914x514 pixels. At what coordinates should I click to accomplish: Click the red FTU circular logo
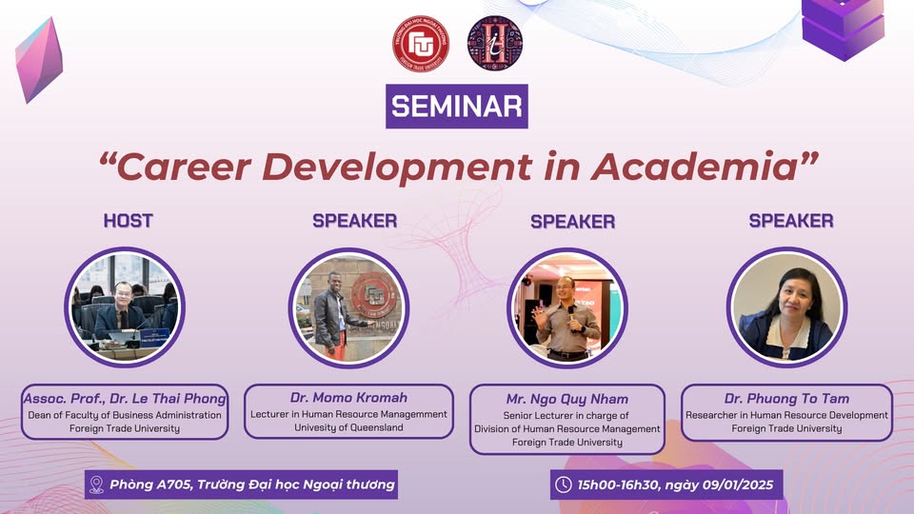(x=420, y=44)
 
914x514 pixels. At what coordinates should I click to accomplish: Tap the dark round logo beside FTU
(x=495, y=44)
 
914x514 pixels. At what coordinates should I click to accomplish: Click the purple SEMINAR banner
(x=457, y=106)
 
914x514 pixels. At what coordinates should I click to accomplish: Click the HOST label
(x=129, y=221)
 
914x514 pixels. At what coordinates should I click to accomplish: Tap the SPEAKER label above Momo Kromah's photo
(x=355, y=221)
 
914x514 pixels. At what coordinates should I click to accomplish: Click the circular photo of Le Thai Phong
(x=125, y=307)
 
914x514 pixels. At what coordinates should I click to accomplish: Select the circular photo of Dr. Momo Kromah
(x=348, y=307)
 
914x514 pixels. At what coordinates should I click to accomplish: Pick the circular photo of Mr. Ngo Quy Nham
(x=567, y=307)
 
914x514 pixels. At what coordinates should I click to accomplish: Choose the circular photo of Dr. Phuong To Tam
(x=787, y=307)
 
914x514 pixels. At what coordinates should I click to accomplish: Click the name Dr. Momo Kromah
(x=348, y=398)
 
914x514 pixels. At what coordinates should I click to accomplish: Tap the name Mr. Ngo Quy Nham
(x=567, y=399)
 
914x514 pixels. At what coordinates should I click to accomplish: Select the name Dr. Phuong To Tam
(x=787, y=399)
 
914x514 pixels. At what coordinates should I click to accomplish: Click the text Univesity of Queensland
(x=348, y=427)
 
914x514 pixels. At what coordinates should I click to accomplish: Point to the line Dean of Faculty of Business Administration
(x=125, y=415)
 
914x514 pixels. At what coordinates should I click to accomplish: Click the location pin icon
(x=97, y=484)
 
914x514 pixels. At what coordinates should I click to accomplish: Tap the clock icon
(x=563, y=484)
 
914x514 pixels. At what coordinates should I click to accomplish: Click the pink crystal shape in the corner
(x=39, y=59)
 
